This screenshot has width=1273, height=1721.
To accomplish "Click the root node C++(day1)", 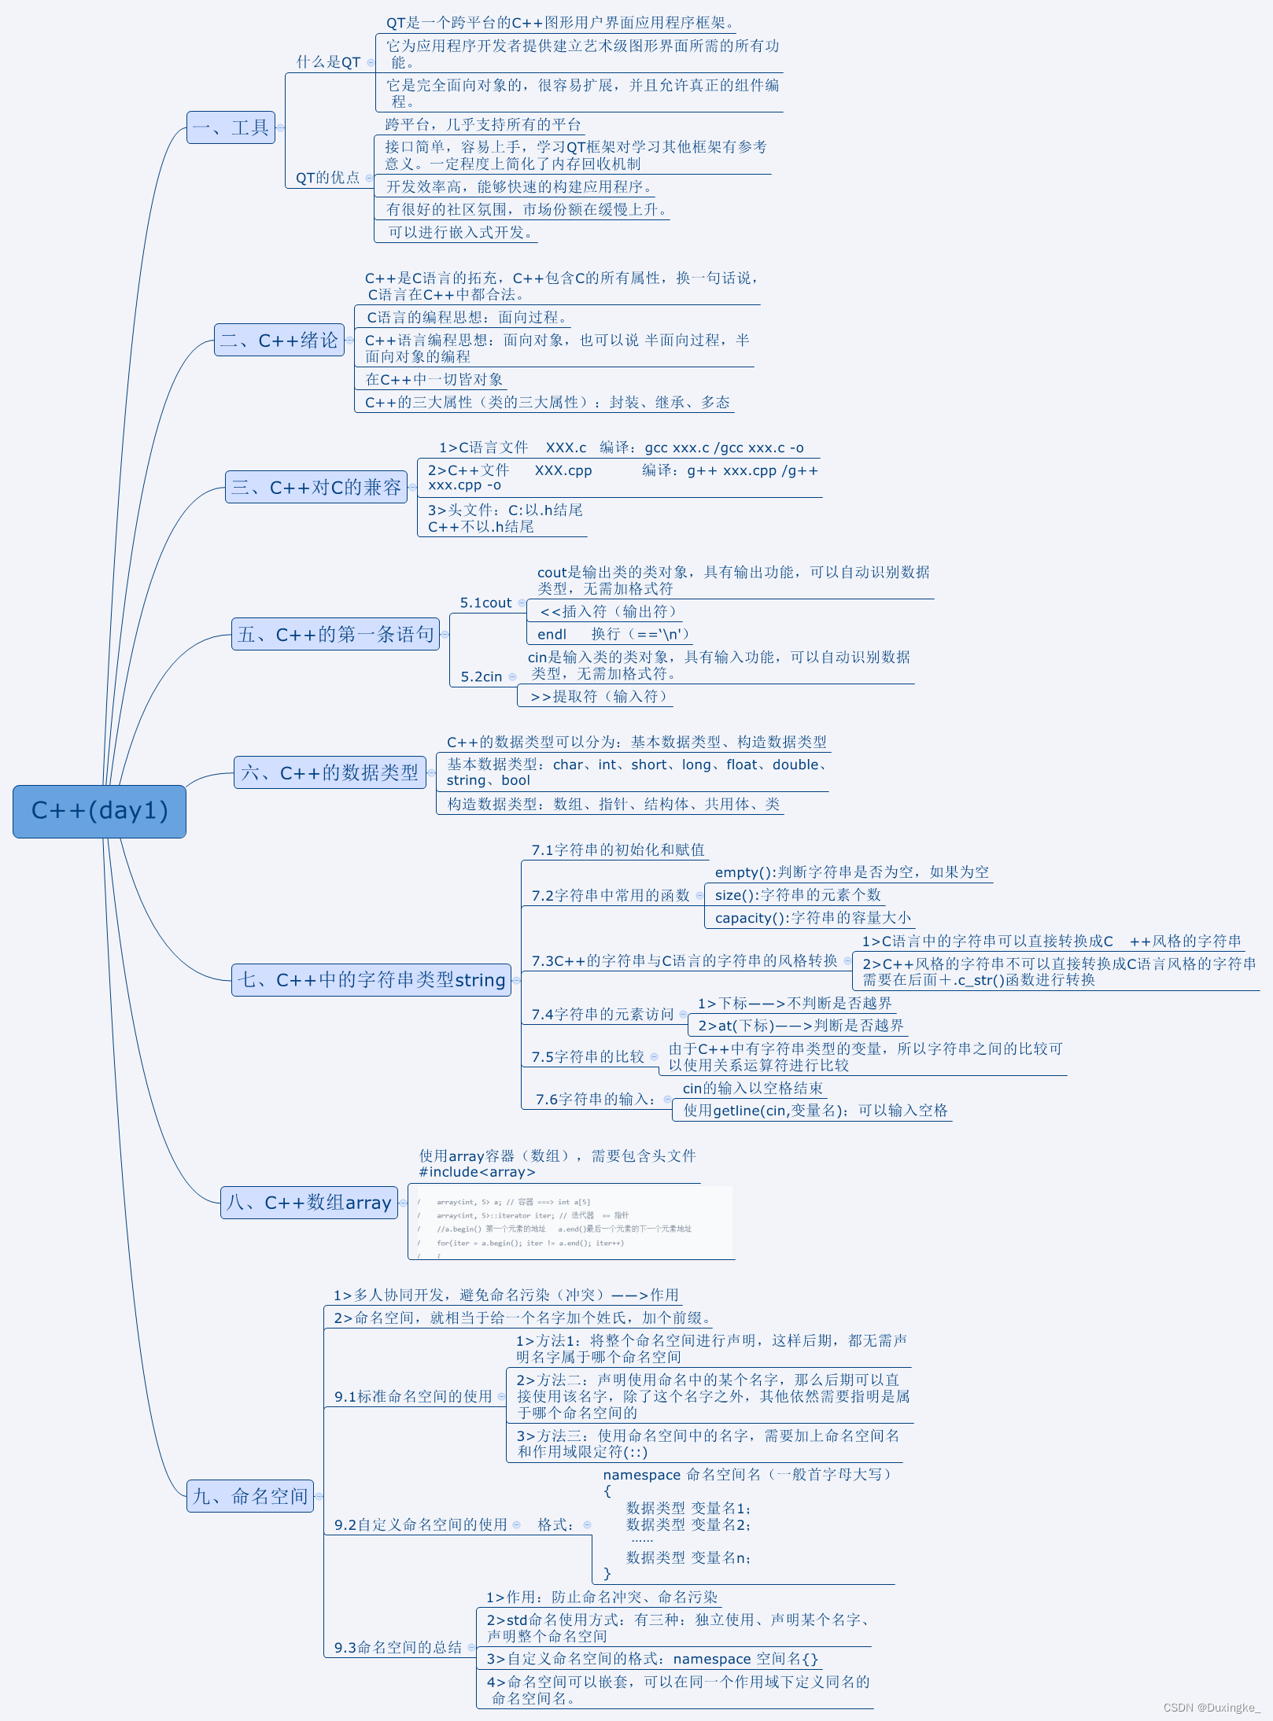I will point(99,811).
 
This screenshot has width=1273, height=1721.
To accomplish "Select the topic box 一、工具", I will point(231,127).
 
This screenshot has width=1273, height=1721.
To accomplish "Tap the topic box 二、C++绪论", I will point(279,341).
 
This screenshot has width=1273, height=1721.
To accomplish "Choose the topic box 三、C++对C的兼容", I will point(315,488).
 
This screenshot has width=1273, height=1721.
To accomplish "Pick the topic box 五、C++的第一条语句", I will point(335,635).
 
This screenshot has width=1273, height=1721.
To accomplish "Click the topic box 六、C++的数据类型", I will point(330,772).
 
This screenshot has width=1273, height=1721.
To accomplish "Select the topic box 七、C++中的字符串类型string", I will point(371,980).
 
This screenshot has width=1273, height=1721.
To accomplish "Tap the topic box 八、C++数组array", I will point(308,1203).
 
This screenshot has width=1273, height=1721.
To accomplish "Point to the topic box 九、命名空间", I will point(249,1496).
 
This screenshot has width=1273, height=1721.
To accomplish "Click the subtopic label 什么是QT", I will point(328,62).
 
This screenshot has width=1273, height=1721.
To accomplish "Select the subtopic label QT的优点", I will point(327,178).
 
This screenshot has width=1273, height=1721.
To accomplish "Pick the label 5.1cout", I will point(485,603).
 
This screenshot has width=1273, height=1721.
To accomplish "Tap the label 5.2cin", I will point(481,677).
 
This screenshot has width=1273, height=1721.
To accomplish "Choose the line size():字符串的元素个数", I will point(797,895).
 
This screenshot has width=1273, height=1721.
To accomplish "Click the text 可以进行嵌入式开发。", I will point(461,233).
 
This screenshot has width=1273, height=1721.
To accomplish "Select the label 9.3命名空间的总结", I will point(397,1647).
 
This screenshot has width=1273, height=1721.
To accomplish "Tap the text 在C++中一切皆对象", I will point(434,380).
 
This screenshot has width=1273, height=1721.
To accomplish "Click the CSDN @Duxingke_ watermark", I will point(1211,1708).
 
